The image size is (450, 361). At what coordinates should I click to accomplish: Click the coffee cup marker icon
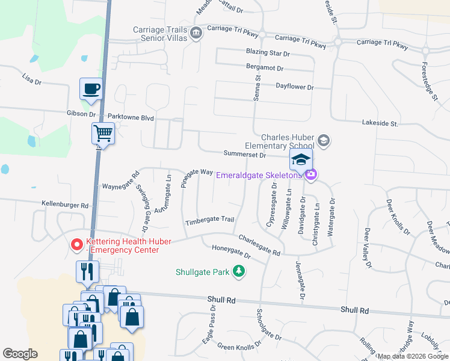(91, 89)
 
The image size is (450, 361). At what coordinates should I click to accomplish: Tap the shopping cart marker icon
(103, 132)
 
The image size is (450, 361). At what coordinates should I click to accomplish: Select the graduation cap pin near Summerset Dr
(301, 159)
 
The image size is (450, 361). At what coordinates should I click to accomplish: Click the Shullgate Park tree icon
(239, 271)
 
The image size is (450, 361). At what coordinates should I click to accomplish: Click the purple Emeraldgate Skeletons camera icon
(310, 174)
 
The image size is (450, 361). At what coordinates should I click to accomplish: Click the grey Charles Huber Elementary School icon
(324, 141)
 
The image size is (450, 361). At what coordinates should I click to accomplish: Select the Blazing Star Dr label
(268, 54)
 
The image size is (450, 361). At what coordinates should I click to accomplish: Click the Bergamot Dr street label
(268, 67)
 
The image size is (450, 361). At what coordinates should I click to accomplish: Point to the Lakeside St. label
(380, 123)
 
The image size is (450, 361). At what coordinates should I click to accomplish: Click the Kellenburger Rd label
(65, 205)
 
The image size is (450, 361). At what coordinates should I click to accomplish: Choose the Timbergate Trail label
(209, 220)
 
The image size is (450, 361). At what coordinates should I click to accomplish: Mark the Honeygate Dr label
(230, 251)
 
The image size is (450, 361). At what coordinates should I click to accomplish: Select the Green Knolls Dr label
(240, 347)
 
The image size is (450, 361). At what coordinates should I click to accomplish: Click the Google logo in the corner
(20, 354)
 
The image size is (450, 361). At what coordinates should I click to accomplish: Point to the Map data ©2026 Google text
(412, 356)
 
